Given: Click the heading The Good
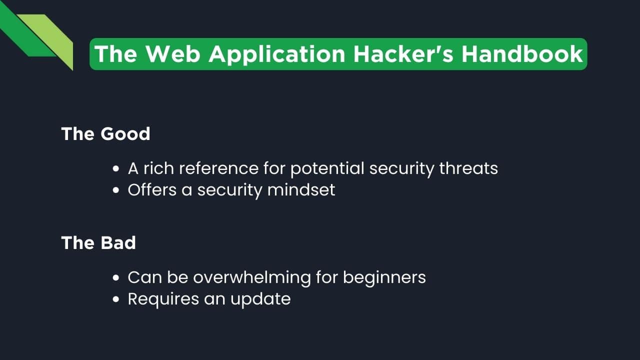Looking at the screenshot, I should [x=105, y=134].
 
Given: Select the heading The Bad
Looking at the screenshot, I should [x=98, y=242].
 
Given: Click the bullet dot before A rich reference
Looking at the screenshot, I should [x=116, y=169].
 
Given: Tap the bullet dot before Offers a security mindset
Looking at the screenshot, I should [x=116, y=190].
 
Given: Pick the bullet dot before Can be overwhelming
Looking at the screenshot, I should [x=116, y=277].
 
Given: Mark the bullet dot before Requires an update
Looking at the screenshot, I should [x=116, y=299].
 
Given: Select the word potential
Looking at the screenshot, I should [x=327, y=168].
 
